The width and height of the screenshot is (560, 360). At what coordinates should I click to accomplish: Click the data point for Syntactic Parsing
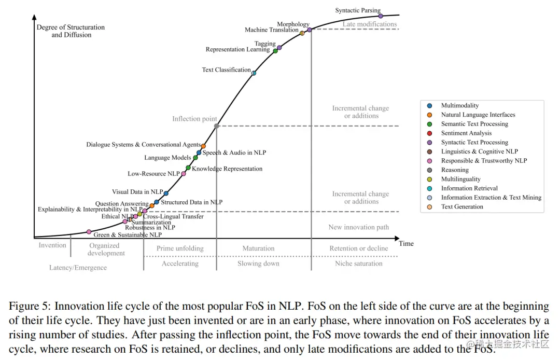click(x=381, y=16)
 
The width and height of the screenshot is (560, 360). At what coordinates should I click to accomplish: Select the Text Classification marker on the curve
click(x=254, y=73)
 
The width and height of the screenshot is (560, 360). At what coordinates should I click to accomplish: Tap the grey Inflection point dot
click(x=216, y=126)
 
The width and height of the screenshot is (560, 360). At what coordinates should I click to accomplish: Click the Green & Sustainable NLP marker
click(x=89, y=232)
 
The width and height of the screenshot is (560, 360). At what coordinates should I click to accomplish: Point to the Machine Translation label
click(x=271, y=30)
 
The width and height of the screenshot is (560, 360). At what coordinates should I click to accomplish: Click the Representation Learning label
click(x=237, y=50)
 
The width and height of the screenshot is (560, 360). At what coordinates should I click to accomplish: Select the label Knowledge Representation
click(x=227, y=169)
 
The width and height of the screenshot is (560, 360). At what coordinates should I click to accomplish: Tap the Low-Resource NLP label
click(x=153, y=174)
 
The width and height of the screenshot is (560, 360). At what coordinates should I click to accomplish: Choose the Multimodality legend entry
click(x=460, y=105)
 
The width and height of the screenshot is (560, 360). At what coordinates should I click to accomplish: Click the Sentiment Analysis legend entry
click(x=466, y=133)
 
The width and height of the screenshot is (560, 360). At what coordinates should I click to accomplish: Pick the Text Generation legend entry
click(x=462, y=206)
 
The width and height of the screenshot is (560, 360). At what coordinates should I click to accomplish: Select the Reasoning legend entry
click(x=455, y=170)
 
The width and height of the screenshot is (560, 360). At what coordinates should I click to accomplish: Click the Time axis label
click(x=407, y=244)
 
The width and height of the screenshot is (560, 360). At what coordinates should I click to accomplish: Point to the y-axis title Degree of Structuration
click(x=71, y=27)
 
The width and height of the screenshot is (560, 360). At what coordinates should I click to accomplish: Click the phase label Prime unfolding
click(x=180, y=248)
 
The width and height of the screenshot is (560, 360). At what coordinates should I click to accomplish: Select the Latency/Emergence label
click(x=78, y=268)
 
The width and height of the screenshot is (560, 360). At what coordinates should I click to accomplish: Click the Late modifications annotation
click(x=370, y=24)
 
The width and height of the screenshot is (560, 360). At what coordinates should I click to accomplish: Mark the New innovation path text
click(x=358, y=227)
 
